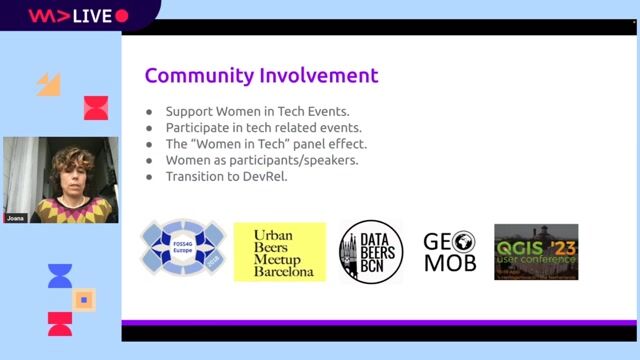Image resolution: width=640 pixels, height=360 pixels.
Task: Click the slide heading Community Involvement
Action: tap(261, 75)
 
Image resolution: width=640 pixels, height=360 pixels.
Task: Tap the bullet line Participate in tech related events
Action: tap(263, 127)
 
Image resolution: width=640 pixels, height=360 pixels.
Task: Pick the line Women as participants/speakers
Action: tap(262, 160)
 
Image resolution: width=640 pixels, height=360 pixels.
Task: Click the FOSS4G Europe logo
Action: tap(183, 251)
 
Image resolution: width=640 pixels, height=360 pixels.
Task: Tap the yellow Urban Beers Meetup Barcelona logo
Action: tap(280, 252)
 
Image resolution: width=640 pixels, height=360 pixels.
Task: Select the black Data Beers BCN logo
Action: tap(371, 252)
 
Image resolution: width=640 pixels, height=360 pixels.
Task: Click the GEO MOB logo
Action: tap(449, 252)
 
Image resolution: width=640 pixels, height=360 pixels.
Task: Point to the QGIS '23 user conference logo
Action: tap(536, 252)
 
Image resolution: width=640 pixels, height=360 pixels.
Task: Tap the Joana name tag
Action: tap(16, 217)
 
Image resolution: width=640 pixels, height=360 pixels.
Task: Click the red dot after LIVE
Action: tap(122, 16)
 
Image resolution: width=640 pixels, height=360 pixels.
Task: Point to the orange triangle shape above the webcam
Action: tap(50, 84)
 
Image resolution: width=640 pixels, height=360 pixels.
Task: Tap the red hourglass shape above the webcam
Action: tap(96, 108)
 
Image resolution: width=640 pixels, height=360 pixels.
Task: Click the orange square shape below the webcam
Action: tap(84, 298)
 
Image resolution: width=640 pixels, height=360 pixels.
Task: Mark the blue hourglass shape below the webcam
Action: tap(60, 276)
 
